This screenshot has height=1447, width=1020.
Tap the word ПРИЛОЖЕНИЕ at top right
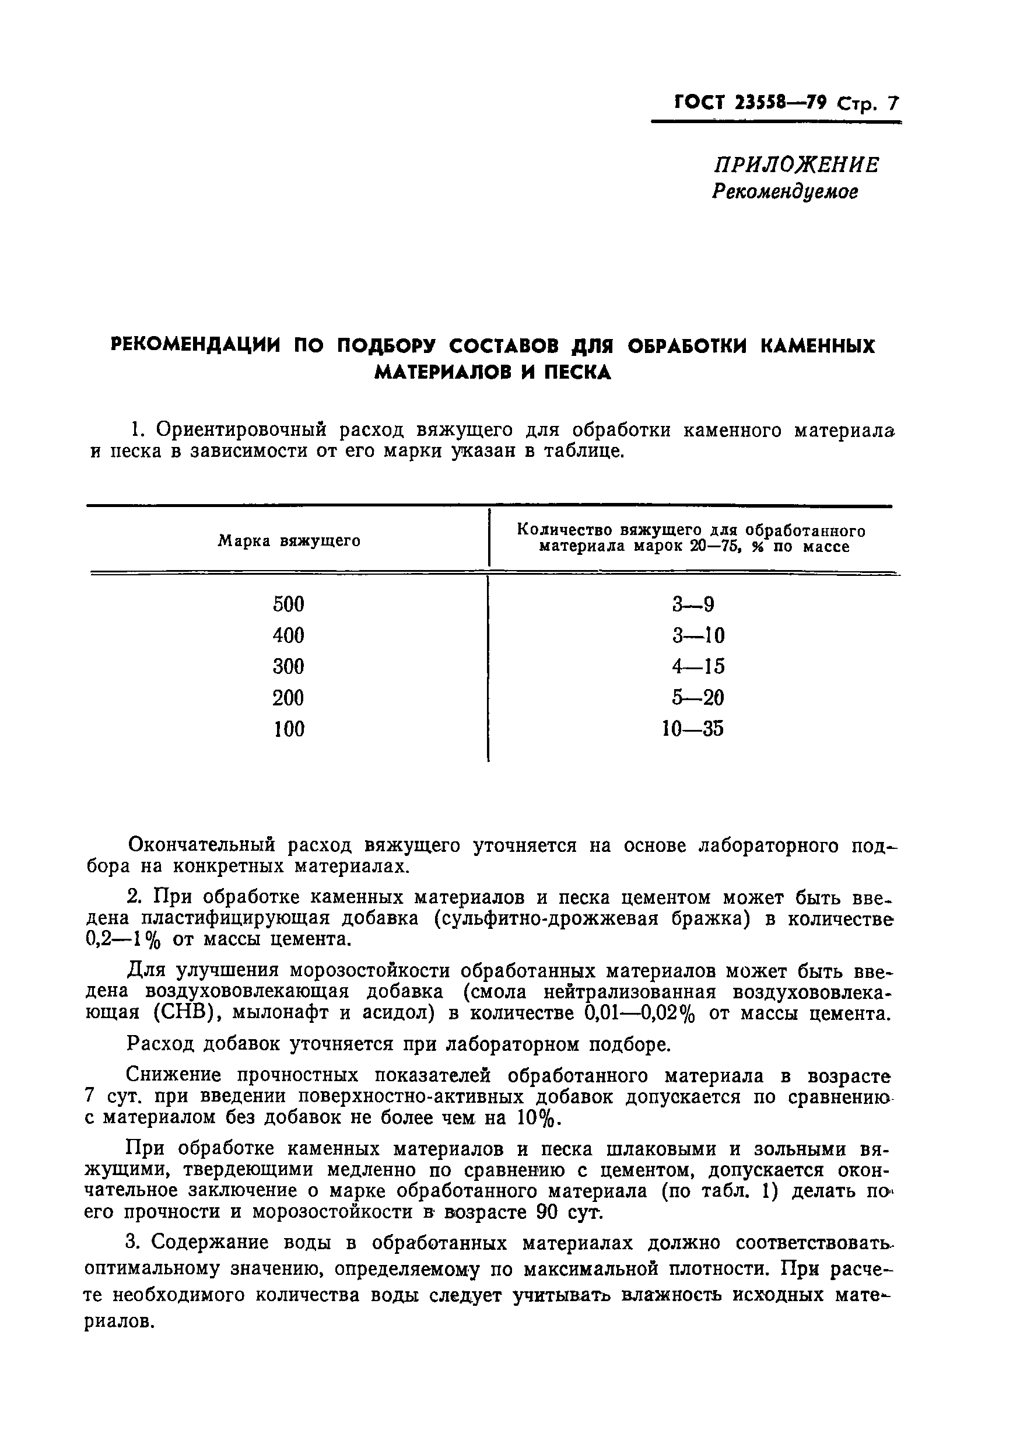(796, 165)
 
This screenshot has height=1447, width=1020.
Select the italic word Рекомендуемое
(785, 191)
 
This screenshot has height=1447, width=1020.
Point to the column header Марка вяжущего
(289, 541)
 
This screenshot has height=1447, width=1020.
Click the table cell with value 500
(289, 604)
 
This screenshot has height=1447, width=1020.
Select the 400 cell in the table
(289, 635)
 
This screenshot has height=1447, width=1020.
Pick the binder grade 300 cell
(289, 666)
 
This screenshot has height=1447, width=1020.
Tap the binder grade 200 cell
(289, 698)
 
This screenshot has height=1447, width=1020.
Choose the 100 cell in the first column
(289, 729)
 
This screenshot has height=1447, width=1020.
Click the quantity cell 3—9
(693, 605)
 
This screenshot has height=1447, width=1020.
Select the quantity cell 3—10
(698, 635)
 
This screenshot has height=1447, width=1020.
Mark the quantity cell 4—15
(698, 666)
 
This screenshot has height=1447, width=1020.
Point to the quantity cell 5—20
(697, 698)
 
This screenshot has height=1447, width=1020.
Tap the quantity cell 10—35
(692, 729)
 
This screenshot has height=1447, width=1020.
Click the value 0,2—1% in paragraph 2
(123, 939)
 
